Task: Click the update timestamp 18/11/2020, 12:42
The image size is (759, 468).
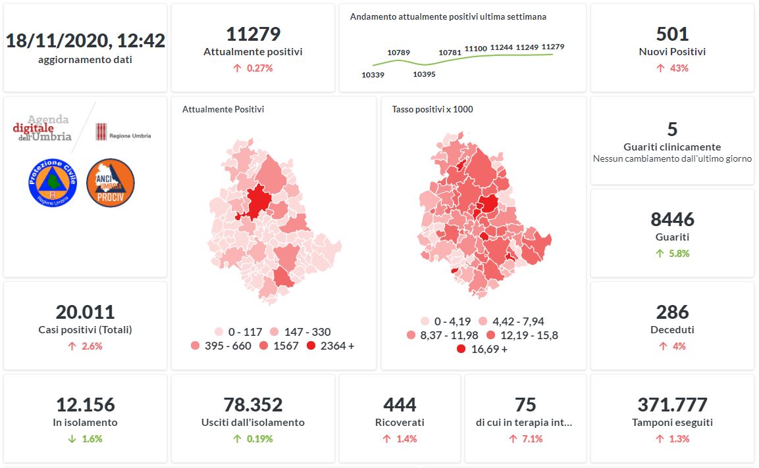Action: click(x=86, y=41)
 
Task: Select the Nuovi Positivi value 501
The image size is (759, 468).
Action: click(x=672, y=34)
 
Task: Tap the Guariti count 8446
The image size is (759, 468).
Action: click(x=672, y=219)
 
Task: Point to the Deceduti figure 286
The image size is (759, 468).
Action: click(x=672, y=312)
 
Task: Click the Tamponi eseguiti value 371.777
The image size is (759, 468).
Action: click(x=672, y=404)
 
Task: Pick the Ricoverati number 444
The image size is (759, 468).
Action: click(x=400, y=404)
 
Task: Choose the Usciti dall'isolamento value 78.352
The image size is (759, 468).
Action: click(x=253, y=404)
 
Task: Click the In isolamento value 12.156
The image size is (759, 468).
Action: click(x=86, y=404)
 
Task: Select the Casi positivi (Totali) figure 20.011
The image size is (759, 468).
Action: click(x=86, y=312)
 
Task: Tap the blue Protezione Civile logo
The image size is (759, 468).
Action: click(x=53, y=182)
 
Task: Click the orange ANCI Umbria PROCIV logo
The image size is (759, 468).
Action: click(x=111, y=183)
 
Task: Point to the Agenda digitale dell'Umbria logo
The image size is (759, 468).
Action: click(x=43, y=128)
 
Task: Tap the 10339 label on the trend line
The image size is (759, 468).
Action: click(x=373, y=75)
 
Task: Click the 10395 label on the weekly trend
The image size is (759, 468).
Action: click(x=424, y=74)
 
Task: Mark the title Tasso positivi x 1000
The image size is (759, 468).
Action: click(x=432, y=109)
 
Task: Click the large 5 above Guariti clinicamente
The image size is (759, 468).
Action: click(x=672, y=129)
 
